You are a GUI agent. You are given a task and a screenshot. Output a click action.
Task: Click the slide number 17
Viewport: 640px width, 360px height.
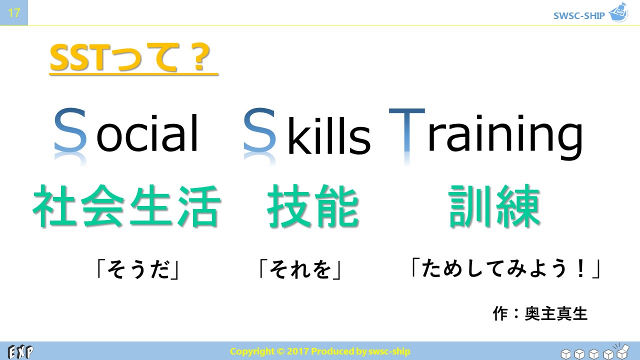tap(13, 13)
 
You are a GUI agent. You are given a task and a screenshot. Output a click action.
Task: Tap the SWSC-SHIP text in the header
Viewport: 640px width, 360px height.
tap(579, 15)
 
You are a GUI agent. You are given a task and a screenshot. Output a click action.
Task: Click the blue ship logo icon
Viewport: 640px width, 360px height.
tap(618, 12)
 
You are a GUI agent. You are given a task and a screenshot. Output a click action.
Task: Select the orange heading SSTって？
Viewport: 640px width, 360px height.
tap(130, 57)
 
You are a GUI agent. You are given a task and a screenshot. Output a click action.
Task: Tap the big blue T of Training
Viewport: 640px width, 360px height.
tap(407, 130)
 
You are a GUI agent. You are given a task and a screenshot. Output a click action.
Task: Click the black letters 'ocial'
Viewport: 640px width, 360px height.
tap(147, 133)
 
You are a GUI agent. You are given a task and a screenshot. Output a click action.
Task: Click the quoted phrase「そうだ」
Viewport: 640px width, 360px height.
tap(138, 269)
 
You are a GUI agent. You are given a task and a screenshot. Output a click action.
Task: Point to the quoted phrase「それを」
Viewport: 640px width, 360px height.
tap(300, 269)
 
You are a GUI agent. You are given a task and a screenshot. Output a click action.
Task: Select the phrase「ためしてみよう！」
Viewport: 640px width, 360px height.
tap(506, 268)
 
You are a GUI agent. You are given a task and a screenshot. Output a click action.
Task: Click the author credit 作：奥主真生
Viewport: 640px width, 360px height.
tap(540, 313)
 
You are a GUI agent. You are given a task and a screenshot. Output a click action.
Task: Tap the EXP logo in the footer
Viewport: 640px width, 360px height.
tap(20, 351)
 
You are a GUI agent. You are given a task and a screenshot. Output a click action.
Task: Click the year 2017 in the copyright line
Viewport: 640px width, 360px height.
tap(297, 351)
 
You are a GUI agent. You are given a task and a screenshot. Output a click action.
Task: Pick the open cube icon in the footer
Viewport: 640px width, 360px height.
tap(622, 351)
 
